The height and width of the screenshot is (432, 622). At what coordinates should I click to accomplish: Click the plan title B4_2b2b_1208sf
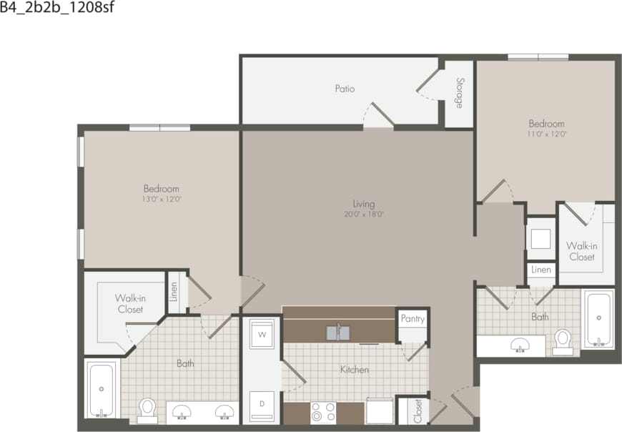(x=57, y=9)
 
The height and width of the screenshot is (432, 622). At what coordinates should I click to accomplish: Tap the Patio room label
(x=345, y=89)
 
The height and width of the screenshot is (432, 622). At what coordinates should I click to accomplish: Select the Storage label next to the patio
(x=459, y=93)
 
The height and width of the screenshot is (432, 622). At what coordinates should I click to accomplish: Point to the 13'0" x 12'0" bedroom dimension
(x=161, y=200)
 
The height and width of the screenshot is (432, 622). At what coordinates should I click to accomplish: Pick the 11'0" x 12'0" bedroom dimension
(x=546, y=134)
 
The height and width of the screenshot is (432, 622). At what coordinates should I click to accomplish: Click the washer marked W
(x=262, y=334)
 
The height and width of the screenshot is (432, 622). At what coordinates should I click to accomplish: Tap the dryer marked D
(x=262, y=404)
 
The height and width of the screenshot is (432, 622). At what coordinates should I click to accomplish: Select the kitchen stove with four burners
(x=323, y=413)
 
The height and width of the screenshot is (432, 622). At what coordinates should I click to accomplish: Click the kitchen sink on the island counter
(x=338, y=333)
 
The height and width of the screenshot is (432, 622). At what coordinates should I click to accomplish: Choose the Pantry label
(x=413, y=318)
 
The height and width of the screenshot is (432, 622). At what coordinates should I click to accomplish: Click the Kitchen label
(x=355, y=370)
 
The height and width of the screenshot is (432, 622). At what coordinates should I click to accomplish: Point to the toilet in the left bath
(x=148, y=408)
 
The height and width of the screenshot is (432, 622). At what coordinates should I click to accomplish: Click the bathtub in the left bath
(x=102, y=390)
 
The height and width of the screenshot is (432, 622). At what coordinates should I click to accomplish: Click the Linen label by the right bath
(x=541, y=270)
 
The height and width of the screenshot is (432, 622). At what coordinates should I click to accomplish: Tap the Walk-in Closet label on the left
(x=130, y=304)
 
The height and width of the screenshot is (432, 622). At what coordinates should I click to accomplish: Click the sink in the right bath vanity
(x=520, y=345)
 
